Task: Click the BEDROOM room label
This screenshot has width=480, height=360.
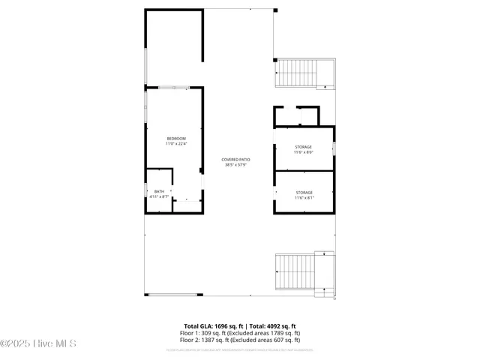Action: pos(176,138)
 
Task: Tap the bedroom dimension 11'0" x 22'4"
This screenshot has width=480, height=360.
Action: pos(176,143)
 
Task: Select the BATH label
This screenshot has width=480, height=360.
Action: pos(159,191)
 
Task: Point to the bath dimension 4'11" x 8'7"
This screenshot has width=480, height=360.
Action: pos(159,196)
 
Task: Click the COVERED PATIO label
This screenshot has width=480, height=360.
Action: pos(235,159)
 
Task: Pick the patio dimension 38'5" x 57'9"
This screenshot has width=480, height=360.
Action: pos(235,164)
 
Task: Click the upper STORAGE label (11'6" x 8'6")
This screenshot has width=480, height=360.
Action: pos(304,146)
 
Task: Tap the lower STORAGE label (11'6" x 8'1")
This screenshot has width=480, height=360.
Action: pos(304,193)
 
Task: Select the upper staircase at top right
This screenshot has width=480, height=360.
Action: pos(297,73)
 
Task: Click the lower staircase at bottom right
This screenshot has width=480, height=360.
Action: pos(298,271)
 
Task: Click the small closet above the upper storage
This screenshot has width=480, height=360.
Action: pos(296,116)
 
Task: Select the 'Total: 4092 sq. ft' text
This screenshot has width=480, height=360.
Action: pos(273,326)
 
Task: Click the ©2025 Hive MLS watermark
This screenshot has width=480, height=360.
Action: pos(38,343)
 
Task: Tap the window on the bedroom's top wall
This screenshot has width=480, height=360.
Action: pos(173,88)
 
